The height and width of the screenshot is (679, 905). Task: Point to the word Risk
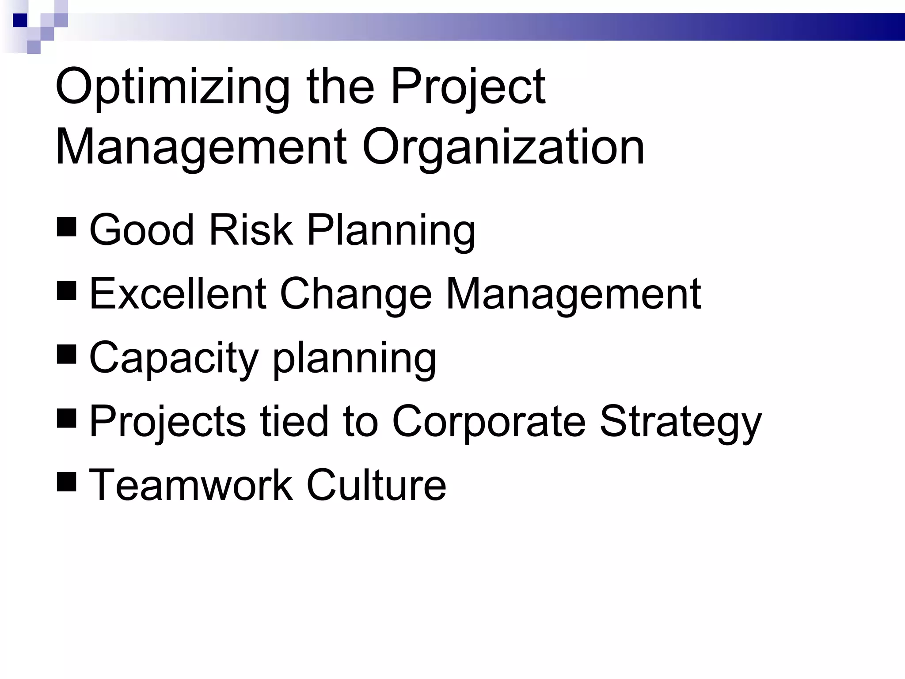click(251, 230)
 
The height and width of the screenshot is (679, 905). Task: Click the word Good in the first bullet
click(141, 230)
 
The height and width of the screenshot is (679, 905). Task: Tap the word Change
click(356, 294)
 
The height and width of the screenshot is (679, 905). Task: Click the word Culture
click(376, 485)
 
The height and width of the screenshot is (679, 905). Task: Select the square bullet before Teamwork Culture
click(67, 481)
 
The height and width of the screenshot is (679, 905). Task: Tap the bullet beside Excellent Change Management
click(67, 290)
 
